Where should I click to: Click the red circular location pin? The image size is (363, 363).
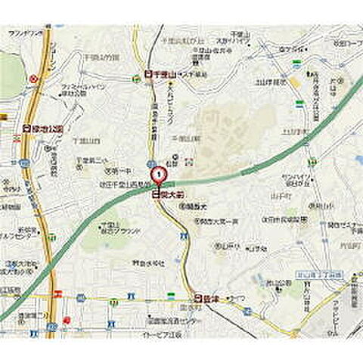159,175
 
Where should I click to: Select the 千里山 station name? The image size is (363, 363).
164,75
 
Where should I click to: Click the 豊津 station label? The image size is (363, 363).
210,298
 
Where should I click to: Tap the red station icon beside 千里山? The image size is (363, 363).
147,75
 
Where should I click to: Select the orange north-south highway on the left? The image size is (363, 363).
48,227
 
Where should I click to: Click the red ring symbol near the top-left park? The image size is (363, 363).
33,78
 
